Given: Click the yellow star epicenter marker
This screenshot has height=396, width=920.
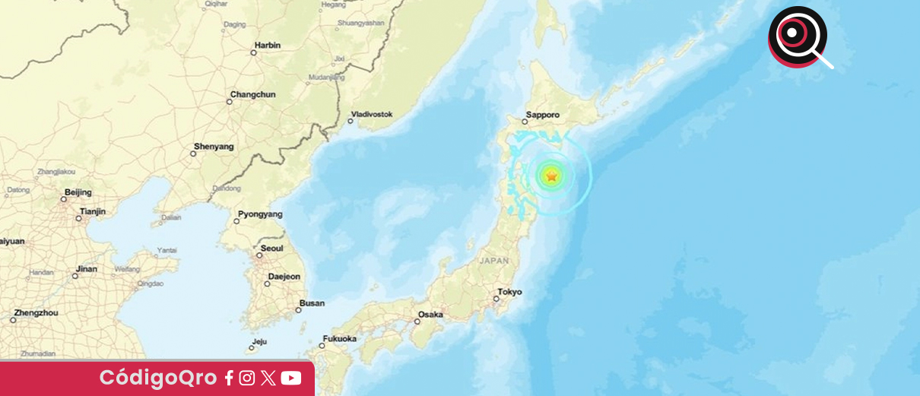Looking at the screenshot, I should tap(551, 176).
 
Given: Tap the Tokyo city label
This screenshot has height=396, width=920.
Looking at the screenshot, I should tap(509, 292).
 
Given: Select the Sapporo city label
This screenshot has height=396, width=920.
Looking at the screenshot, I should tap(542, 116).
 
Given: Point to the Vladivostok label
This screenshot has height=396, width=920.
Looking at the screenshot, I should tap(372, 114).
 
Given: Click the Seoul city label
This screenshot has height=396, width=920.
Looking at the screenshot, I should tap(271, 248).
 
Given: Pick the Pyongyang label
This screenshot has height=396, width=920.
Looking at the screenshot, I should tap(260, 214).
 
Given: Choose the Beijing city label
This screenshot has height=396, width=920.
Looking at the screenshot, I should tap(78, 192).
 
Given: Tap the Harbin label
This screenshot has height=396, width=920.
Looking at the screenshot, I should tap(268, 46).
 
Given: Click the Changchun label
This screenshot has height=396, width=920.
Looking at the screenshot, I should tap(252, 94).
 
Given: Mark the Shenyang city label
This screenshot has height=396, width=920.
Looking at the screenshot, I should tap(214, 146).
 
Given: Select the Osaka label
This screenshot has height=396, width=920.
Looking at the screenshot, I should tap(430, 314).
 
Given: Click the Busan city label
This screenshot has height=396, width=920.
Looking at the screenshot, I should tap(312, 303).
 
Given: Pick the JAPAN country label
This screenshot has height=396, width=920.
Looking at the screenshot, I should tap(494, 260).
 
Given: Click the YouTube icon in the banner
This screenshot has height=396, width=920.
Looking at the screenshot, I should tap(290, 378).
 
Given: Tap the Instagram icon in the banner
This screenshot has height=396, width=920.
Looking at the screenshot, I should tap(247, 378).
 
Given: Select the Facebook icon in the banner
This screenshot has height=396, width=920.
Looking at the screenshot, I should tap(229, 378).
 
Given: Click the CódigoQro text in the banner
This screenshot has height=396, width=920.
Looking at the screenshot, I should tap(157, 378).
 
